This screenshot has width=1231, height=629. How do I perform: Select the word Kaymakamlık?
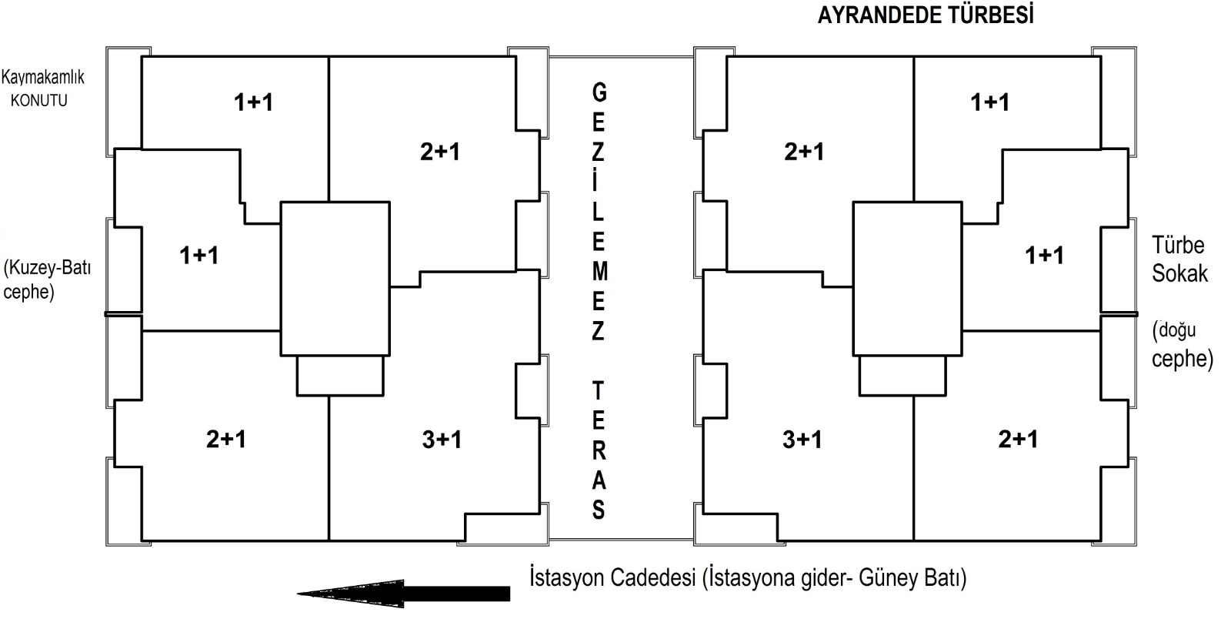(x=43, y=77)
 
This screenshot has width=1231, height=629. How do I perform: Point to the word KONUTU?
(x=39, y=101)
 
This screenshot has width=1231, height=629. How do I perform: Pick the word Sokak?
(x=1180, y=274)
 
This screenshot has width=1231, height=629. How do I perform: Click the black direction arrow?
(x=403, y=594)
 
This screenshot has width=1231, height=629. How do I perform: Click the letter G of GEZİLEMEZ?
(x=599, y=92)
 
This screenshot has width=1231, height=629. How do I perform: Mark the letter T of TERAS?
(x=598, y=391)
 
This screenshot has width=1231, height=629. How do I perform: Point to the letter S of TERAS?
(x=599, y=510)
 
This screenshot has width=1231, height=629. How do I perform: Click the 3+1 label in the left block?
(x=442, y=440)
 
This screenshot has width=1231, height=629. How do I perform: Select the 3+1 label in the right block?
(x=802, y=440)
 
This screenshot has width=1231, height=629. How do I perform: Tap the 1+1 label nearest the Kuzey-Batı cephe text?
(x=199, y=256)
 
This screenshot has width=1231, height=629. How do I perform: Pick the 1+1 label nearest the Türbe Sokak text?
(x=1044, y=256)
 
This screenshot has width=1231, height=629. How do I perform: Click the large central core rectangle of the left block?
(x=335, y=202)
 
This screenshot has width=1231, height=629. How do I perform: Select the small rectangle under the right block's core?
(x=902, y=395)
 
